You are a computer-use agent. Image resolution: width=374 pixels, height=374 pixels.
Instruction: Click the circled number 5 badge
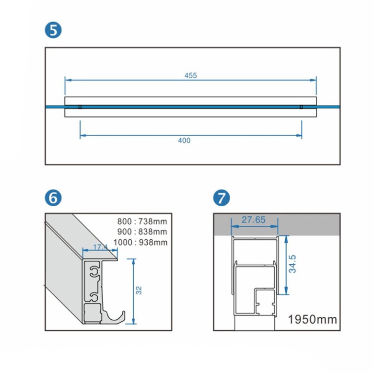tap(54, 30)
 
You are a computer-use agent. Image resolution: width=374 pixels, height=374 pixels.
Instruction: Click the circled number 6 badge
tap(54, 198)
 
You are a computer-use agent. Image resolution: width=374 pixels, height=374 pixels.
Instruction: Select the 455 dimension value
tap(190, 75)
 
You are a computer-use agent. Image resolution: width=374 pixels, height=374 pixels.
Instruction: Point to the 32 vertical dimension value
tap(140, 291)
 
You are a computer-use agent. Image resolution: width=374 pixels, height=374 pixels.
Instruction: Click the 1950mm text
tap(312, 319)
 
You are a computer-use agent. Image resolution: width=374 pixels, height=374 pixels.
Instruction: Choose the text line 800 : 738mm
tap(142, 222)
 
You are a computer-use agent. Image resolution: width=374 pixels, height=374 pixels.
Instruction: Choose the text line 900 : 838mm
tap(142, 232)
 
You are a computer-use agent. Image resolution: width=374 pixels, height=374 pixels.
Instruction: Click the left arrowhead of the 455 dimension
tap(67, 80)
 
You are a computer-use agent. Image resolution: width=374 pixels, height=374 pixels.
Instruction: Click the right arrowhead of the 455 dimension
tap(315, 80)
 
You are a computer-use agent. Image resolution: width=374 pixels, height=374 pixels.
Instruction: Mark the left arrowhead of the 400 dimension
tap(82, 136)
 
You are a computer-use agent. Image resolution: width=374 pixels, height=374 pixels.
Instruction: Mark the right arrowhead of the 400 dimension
tap(300, 136)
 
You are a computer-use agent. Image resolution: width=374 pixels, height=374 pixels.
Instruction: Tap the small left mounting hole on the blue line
tap(80, 107)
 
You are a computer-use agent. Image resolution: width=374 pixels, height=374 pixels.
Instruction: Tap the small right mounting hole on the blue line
tap(301, 107)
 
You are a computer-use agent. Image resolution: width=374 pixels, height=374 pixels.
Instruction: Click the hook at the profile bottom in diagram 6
tap(117, 317)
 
